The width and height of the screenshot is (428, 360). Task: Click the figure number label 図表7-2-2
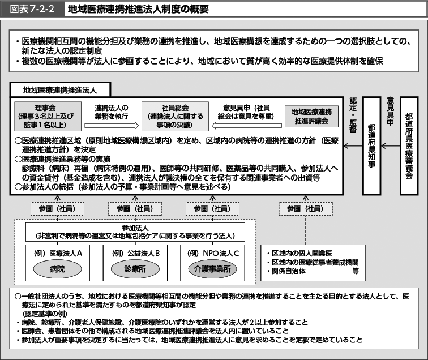32,9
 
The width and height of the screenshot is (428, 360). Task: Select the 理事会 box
48,117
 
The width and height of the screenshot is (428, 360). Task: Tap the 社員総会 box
175,117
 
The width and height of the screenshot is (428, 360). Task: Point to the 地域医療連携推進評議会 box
311,117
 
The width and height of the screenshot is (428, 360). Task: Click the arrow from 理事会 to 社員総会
112,126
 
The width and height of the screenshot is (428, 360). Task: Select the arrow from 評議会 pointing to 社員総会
247,126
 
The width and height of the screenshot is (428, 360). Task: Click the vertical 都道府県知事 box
371,145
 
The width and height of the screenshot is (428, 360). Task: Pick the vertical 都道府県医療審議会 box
409,145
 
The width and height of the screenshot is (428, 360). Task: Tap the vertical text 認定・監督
353,115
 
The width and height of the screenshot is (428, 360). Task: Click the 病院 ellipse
57,269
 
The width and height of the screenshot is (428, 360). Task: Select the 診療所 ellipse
135,269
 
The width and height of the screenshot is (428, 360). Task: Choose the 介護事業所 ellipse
212,269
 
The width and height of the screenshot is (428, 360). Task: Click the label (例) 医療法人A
58,254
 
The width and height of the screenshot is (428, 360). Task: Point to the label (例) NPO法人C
213,254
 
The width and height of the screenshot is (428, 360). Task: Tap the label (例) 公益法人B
136,254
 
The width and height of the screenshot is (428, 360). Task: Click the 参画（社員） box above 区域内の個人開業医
306,209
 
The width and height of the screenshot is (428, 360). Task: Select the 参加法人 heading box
135,232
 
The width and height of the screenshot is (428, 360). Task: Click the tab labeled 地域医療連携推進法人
60,90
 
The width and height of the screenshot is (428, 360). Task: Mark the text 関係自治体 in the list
289,271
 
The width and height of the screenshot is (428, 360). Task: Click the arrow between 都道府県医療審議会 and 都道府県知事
390,146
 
